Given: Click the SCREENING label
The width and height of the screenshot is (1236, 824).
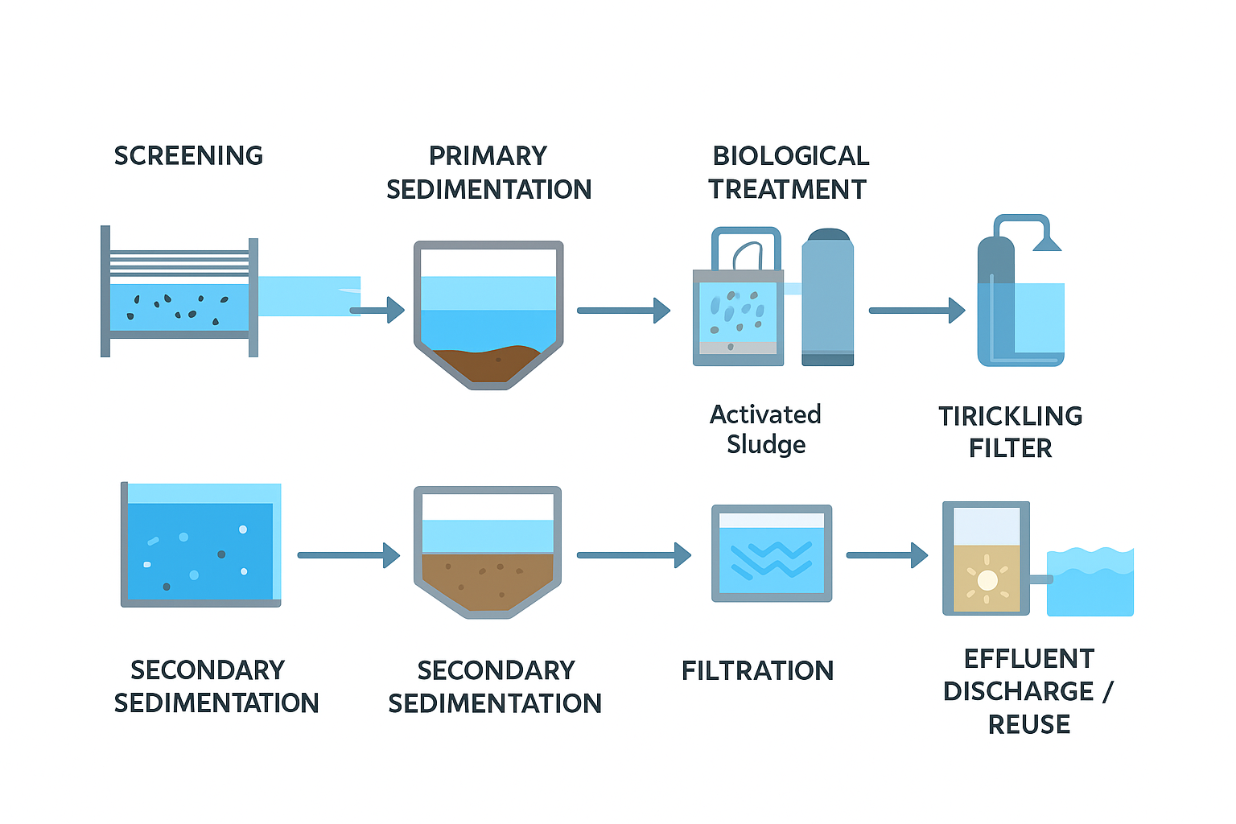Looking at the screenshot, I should pos(188,155).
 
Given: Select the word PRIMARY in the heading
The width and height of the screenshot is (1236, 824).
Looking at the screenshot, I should pos(488,155).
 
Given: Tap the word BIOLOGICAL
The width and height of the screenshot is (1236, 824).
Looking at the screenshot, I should pos(790,155).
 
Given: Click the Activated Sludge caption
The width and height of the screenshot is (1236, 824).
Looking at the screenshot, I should pos(765,429).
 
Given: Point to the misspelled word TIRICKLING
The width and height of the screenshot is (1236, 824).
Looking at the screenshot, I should pos(1010,416).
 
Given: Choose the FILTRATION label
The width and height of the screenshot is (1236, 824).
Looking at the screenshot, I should pos(757,670).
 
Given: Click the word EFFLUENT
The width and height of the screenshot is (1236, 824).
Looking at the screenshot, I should pos(1028,658).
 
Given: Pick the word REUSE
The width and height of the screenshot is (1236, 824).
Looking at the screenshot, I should pos(1028,724).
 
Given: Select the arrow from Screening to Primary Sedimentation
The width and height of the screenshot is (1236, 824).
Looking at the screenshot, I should pos(377,310).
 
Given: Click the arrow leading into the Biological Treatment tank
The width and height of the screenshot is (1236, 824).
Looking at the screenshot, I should pos(624,310).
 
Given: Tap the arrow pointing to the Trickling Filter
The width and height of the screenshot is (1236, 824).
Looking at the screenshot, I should pos(917,310).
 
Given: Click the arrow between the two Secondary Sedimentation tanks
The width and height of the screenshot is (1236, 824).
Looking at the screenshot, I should pos(348,554).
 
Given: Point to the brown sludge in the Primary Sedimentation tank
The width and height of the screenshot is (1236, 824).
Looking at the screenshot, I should pos(488,362).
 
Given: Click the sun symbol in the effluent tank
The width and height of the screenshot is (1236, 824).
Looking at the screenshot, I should pos(987,579).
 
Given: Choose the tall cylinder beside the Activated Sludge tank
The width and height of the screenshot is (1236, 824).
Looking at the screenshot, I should pos(827,298).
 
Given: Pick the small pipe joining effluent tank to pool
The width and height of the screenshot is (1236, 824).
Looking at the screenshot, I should pos(1039,579).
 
